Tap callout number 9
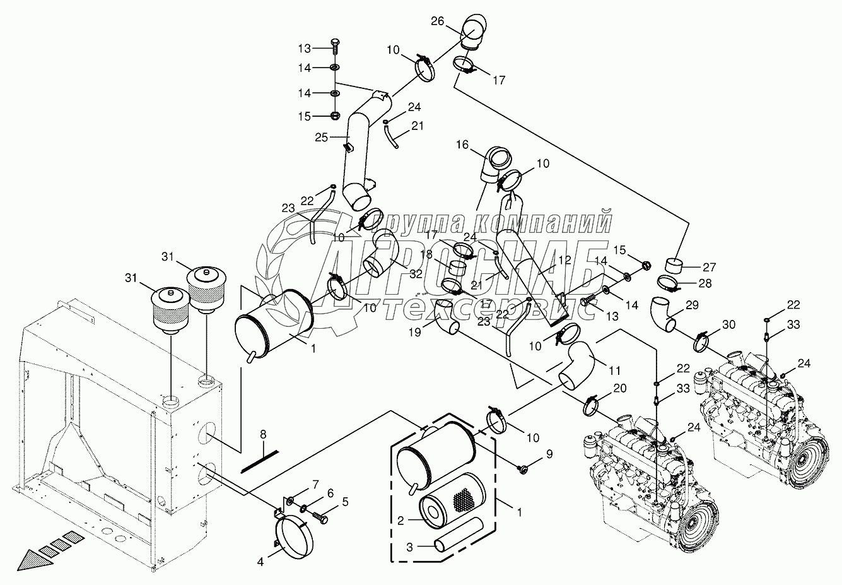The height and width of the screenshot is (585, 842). tap(549, 452)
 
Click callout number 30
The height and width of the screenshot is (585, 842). tap(728, 325)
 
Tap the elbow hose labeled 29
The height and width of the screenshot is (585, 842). tap(664, 314)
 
